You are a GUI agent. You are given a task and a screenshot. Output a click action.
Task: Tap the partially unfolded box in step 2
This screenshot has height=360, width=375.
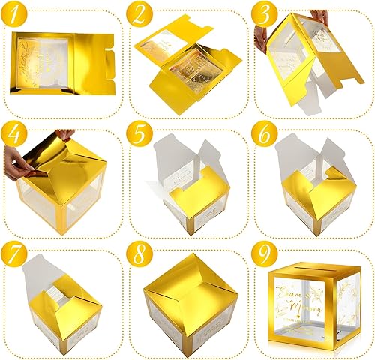pos(184,67)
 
